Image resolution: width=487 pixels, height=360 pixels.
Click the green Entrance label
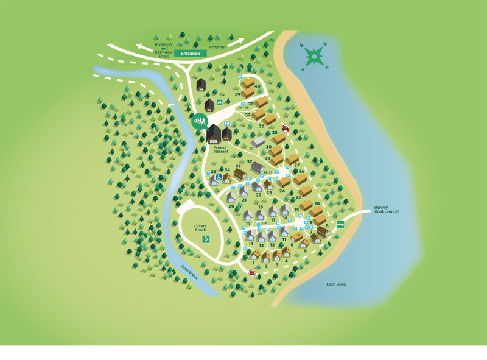click(191, 54)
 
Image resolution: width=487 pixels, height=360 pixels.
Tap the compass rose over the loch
click(314, 57)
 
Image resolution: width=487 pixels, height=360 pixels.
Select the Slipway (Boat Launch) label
click(386, 210)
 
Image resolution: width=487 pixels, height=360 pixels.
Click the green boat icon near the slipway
click(340, 224)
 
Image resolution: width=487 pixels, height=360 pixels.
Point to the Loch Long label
click(335, 284)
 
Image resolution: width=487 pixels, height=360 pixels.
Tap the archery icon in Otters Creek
click(206, 239)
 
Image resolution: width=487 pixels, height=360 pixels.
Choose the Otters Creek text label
click(201, 228)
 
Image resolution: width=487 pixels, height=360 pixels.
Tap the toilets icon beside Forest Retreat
click(227, 124)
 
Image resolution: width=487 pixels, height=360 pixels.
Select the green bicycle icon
click(220, 103)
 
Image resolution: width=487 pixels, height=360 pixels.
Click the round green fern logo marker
click(198, 121)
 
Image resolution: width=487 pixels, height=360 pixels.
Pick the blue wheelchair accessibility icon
click(219, 177)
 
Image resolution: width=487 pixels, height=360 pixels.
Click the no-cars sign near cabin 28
click(285, 129)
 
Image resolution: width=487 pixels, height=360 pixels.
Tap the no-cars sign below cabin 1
click(252, 274)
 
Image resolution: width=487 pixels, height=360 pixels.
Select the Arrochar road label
click(217, 47)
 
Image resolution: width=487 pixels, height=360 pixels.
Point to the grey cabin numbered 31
click(258, 142)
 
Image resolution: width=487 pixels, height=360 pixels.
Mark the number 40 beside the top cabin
click(258, 86)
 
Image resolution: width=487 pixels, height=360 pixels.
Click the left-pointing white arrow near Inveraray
click(144, 47)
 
